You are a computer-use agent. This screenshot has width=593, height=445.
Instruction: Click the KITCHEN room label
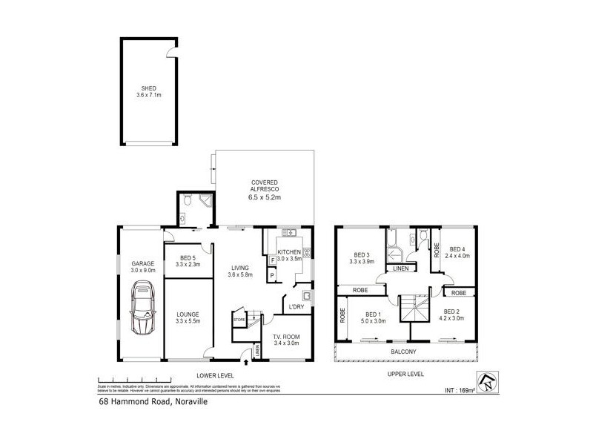point(289,252)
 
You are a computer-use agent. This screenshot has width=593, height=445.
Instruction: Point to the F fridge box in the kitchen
point(273,260)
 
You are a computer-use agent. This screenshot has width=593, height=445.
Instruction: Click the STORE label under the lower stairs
point(239,320)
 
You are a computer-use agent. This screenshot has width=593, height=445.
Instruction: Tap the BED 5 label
point(187,257)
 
